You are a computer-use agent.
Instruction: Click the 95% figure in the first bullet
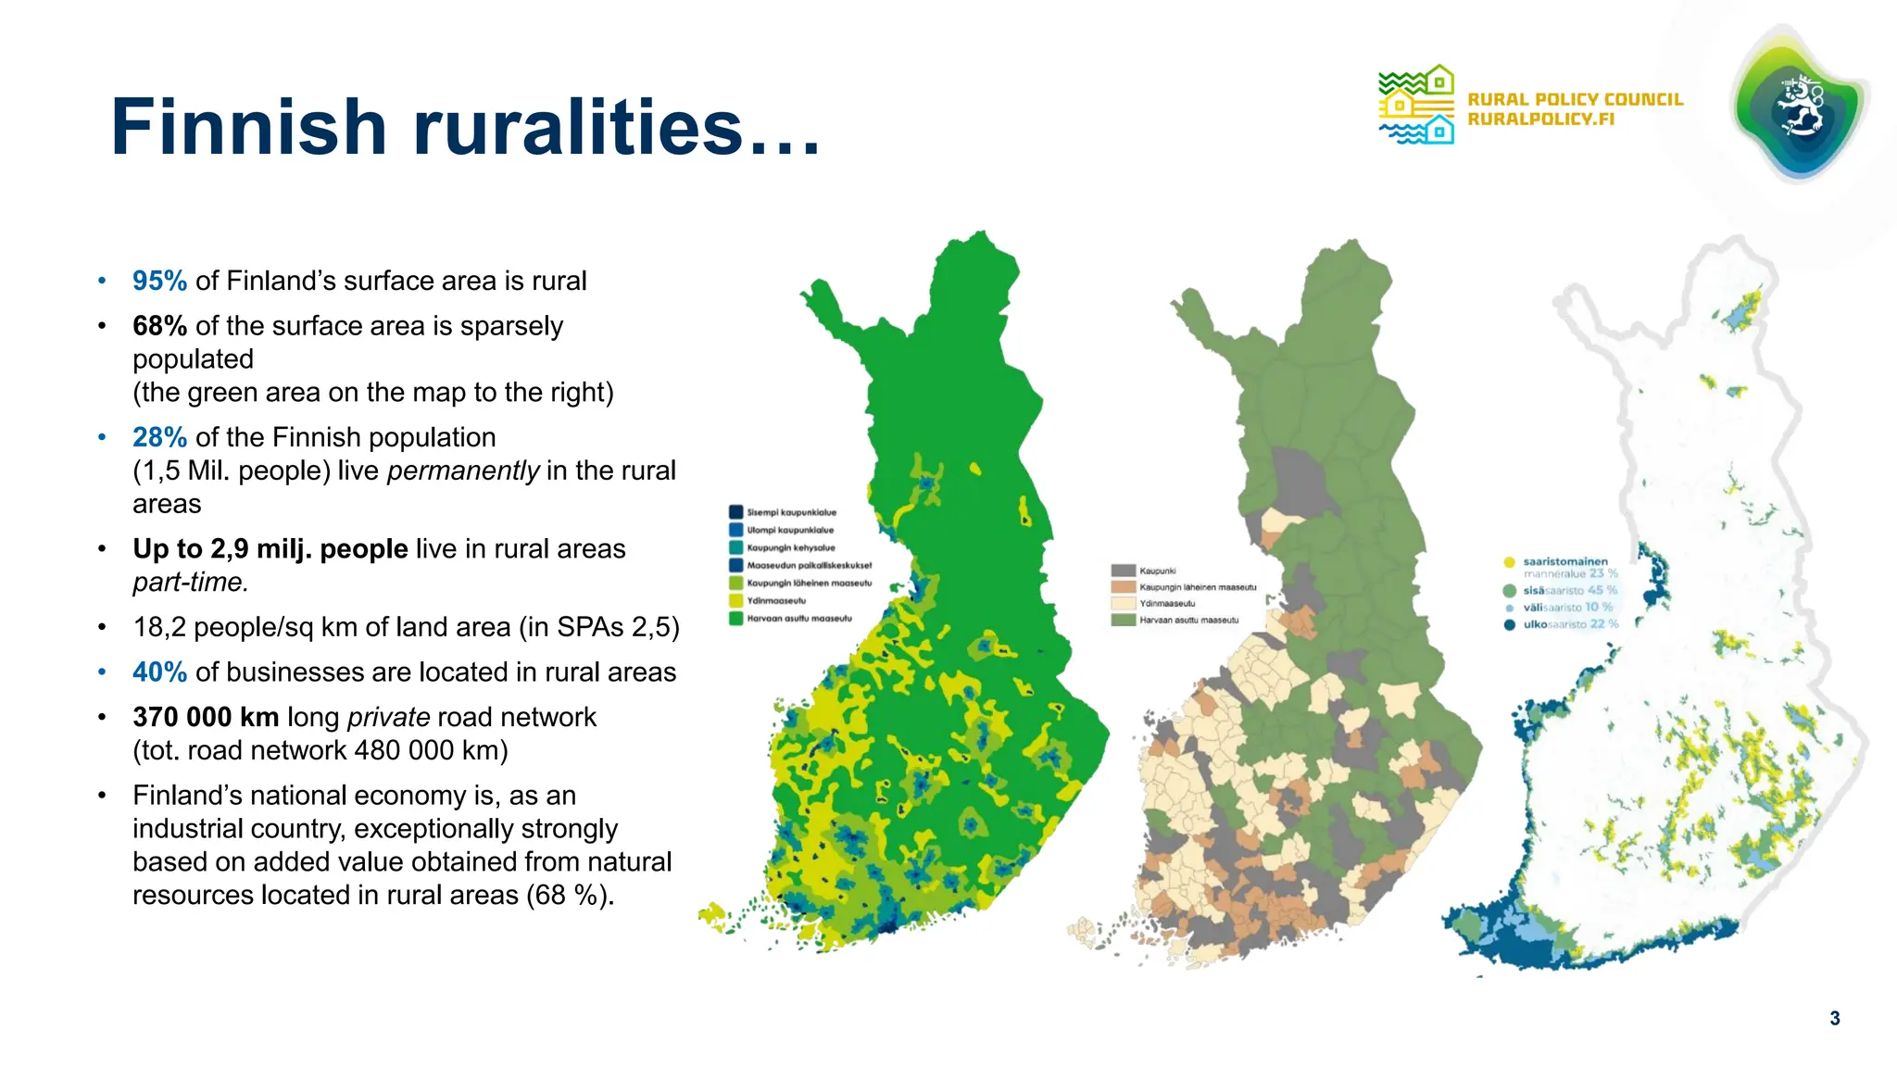click(x=159, y=281)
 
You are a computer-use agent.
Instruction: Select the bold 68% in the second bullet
click(x=159, y=326)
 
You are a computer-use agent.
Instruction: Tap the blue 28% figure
click(x=159, y=437)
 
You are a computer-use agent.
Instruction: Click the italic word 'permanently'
click(x=463, y=471)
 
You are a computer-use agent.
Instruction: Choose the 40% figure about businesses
click(x=159, y=672)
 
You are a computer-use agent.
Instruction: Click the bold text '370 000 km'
click(x=206, y=717)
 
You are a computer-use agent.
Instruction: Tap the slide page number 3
click(x=1834, y=1019)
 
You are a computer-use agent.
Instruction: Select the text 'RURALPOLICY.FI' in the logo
click(x=1540, y=119)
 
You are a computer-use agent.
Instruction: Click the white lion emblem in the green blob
click(x=1800, y=107)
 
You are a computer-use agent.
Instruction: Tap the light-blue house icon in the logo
click(x=1439, y=131)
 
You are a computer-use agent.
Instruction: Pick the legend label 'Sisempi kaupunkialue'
click(x=792, y=512)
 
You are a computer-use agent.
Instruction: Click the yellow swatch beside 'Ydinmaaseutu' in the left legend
click(x=736, y=600)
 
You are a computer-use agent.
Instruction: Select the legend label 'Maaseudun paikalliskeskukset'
click(x=809, y=565)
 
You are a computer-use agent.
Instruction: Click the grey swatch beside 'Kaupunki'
click(x=1123, y=571)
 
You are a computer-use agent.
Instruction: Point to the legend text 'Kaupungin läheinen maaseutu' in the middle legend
click(x=1198, y=587)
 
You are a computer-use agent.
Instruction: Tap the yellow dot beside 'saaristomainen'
click(x=1509, y=562)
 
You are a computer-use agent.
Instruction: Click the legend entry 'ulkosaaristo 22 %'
click(x=1570, y=624)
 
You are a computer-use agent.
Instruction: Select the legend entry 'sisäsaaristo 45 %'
click(x=1570, y=590)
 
